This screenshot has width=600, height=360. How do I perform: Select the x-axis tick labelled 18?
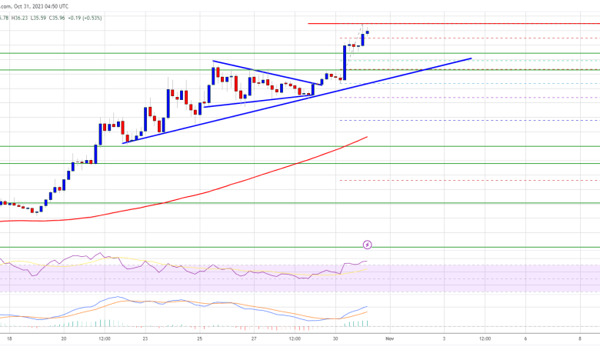(x=10, y=338)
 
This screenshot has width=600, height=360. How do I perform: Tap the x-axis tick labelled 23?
(x=145, y=338)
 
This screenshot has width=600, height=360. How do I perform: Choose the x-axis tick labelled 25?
(x=199, y=338)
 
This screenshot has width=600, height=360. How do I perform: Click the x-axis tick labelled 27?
(x=254, y=338)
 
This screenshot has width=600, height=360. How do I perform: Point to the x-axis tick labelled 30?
(x=335, y=338)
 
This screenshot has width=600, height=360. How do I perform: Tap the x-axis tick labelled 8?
(x=580, y=338)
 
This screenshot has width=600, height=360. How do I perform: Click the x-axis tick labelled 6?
(x=525, y=338)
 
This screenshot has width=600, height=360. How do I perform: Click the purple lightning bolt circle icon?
(x=367, y=245)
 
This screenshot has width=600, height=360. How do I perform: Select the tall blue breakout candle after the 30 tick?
(x=344, y=62)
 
